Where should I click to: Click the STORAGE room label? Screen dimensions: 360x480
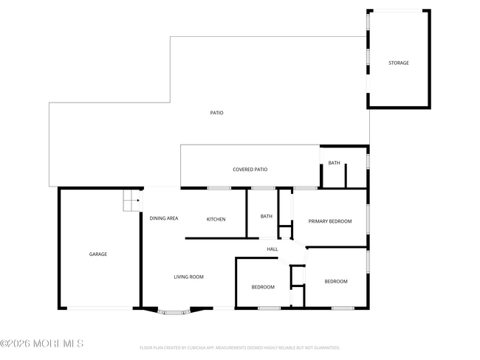click(x=399, y=63)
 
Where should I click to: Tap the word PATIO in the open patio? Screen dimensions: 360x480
click(x=216, y=113)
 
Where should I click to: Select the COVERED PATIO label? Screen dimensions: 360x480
click(x=250, y=170)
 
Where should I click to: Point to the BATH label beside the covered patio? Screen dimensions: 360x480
click(x=334, y=163)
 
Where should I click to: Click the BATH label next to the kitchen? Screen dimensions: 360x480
click(x=266, y=216)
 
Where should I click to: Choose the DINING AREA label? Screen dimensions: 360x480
click(x=164, y=218)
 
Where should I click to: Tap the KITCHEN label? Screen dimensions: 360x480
click(x=216, y=219)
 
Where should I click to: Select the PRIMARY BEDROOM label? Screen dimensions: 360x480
click(x=329, y=221)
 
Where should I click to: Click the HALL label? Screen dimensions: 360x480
click(x=272, y=249)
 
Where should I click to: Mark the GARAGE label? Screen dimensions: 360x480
click(x=98, y=254)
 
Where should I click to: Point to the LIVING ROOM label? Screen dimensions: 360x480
click(x=188, y=277)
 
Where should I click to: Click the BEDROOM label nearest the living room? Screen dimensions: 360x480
click(x=262, y=287)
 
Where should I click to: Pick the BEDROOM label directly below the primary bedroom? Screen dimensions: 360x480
click(x=336, y=281)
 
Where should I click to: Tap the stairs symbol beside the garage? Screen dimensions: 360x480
click(x=131, y=199)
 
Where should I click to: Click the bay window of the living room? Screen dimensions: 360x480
click(x=174, y=312)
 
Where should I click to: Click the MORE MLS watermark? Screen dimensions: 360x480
click(x=42, y=344)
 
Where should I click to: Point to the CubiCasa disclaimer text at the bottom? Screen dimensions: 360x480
click(x=239, y=347)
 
